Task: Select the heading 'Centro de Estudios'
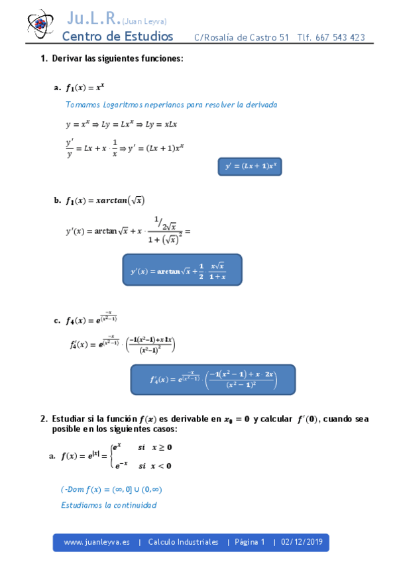tap(117, 36)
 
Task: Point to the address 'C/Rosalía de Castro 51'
tap(241, 38)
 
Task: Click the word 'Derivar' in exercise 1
tap(67, 58)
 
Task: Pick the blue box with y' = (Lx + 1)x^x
tap(250, 166)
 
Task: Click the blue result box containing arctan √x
tap(182, 269)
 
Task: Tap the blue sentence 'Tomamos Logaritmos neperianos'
tap(171, 105)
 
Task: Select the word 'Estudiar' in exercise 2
tap(68, 419)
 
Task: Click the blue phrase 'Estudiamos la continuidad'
tap(108, 505)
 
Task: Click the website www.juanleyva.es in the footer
tap(93, 542)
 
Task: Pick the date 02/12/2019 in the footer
tap(302, 542)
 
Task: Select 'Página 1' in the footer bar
tap(249, 542)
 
